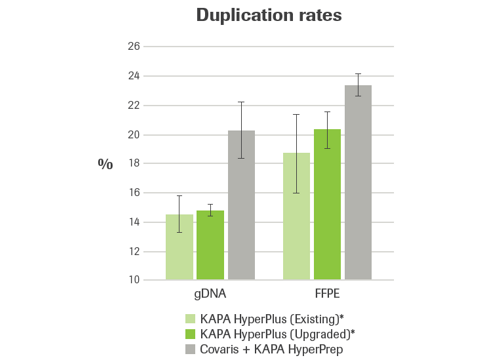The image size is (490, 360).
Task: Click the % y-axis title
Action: tap(105, 163)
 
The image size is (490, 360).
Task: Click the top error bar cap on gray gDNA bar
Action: tap(240, 102)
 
